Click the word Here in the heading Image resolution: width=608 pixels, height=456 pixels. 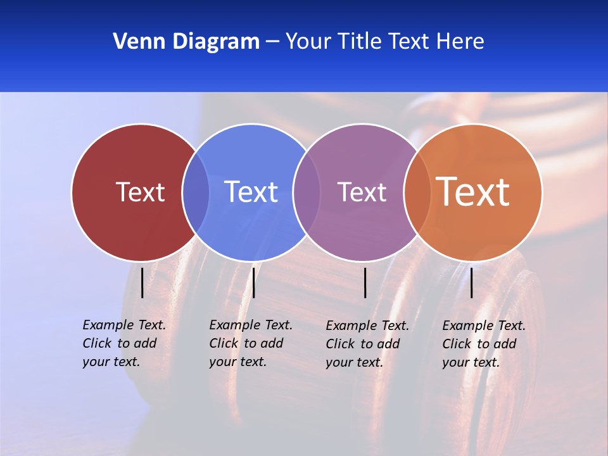460,42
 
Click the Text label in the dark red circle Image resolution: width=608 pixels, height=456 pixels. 140,192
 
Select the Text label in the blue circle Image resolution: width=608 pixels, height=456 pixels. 251,192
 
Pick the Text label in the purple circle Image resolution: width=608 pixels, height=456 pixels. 362,192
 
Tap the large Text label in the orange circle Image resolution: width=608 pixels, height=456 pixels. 473,192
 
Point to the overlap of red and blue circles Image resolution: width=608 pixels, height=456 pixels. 196,192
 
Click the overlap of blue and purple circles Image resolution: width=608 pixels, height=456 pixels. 307,192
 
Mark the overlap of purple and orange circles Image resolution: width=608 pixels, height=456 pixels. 417,192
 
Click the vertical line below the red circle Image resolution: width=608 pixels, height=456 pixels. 142,282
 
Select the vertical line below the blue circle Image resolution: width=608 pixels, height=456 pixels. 253,282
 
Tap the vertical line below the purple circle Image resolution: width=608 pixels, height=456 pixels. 365,282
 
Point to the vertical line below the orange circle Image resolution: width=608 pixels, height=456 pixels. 471,282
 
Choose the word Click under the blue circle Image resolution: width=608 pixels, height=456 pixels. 224,343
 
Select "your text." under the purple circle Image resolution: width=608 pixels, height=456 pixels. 354,362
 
